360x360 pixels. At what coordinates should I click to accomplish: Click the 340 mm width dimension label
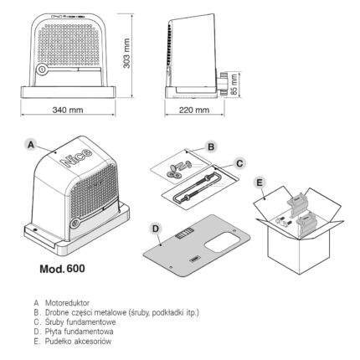(68, 110)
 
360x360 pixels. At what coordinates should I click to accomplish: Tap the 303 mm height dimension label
(126, 54)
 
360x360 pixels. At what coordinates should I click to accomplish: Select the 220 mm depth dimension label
(194, 110)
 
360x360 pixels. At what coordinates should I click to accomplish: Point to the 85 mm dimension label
(234, 84)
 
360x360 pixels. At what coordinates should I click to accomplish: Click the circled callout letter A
(31, 145)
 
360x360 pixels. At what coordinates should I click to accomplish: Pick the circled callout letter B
(211, 147)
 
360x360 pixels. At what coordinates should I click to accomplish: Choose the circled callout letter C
(239, 163)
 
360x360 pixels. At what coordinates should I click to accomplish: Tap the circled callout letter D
(156, 229)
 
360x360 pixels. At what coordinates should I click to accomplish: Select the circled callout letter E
(260, 183)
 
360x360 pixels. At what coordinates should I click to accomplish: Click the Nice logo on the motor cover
(76, 157)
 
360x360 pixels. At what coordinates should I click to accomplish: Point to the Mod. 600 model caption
(62, 269)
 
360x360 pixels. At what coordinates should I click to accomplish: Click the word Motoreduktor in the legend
(67, 303)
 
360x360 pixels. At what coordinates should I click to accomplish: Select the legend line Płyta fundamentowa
(79, 332)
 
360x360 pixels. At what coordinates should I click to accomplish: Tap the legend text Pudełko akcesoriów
(78, 341)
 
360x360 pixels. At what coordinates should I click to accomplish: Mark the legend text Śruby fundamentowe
(80, 321)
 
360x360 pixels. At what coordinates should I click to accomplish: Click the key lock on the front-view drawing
(42, 69)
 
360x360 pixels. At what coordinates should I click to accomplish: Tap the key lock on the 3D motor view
(75, 223)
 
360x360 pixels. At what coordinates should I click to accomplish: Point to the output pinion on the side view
(223, 83)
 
